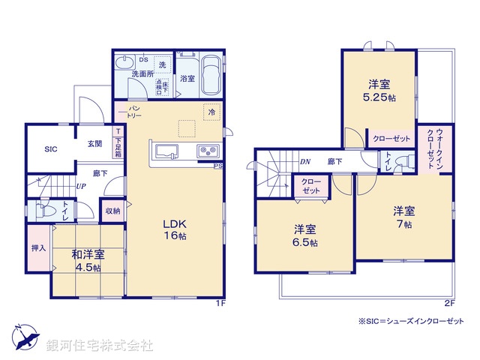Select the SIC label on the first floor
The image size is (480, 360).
51,148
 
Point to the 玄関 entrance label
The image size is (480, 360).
94,143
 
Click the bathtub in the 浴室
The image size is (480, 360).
211,77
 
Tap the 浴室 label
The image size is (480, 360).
187,77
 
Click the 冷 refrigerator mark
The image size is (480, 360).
211,112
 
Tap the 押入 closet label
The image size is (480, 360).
39,247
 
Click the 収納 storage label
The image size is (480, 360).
112,211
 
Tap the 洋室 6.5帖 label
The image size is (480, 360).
304,235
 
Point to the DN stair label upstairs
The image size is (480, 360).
305,160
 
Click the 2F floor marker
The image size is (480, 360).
448,303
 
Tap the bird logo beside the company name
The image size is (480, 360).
25,338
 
